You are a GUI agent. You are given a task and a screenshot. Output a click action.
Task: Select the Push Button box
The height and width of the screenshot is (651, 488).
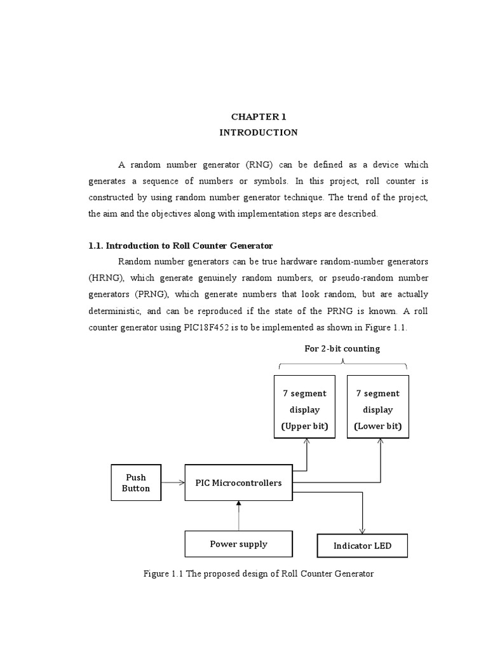point(136,483)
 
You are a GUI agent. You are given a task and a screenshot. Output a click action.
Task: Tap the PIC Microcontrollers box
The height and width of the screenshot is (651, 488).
point(238,483)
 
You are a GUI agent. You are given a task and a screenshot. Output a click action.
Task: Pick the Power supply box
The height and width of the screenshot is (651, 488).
point(238,544)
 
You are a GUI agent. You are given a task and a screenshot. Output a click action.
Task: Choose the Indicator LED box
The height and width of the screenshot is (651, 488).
point(362,545)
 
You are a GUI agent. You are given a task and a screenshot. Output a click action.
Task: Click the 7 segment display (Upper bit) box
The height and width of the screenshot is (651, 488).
point(305,407)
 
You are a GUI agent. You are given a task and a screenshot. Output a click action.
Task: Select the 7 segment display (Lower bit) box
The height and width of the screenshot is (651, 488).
point(378,407)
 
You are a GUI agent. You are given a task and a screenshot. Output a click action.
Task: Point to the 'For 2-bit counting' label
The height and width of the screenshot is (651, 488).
point(342,348)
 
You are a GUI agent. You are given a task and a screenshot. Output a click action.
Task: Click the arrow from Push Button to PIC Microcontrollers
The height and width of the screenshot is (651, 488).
point(173,483)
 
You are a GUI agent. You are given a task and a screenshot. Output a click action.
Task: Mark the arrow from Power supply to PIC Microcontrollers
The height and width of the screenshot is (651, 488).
point(239,515)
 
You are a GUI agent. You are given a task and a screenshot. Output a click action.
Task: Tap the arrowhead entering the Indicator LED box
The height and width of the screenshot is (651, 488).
point(363,531)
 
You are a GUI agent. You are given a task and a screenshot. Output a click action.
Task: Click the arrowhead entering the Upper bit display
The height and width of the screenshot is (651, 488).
point(308,442)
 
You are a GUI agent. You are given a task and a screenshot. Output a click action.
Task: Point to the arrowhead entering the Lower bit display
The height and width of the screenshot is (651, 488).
point(381,442)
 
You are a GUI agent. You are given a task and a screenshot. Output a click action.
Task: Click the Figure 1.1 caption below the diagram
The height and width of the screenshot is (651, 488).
point(259,573)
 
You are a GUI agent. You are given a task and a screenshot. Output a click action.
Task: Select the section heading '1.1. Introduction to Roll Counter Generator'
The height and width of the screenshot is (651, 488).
point(181,245)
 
